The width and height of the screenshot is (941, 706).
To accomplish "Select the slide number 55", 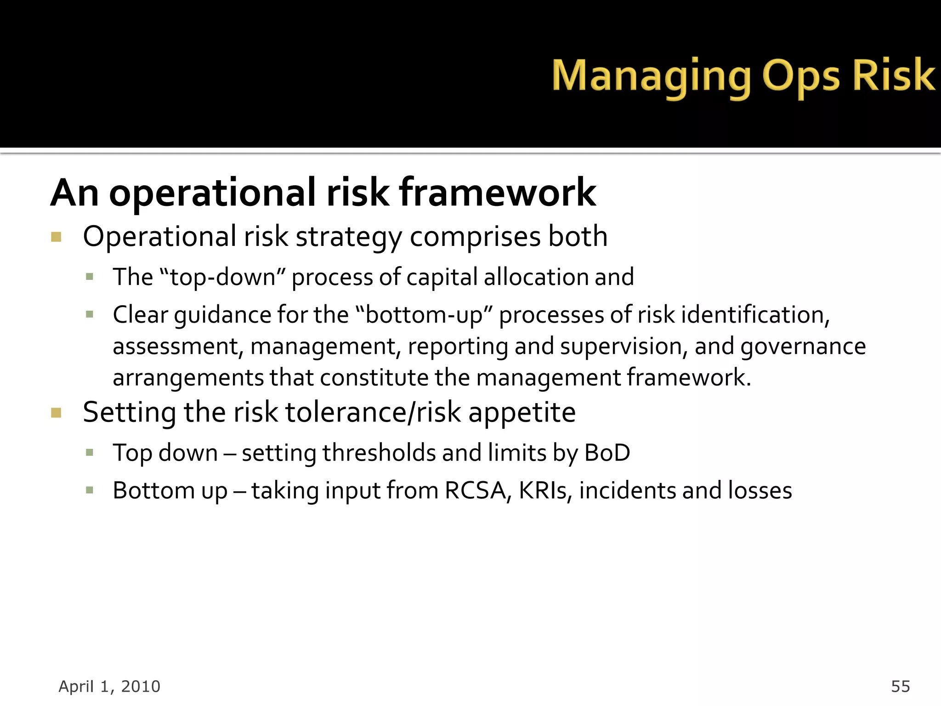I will coord(900,686).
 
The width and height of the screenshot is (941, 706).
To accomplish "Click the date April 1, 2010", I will coord(109,686).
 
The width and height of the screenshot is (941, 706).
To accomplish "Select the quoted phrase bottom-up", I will coord(424,315).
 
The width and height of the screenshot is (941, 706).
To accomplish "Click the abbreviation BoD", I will coord(607,453).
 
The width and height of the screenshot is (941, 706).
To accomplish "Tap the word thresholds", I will coord(379,453).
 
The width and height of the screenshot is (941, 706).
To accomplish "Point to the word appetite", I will coord(522,412).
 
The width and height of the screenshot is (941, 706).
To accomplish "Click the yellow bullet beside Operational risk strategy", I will coord(56,237).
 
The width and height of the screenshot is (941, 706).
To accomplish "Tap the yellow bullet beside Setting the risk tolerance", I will coord(56,412).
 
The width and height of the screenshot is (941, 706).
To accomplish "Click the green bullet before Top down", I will coord(90,453).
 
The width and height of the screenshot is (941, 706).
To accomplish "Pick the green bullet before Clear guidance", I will coord(90,315).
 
